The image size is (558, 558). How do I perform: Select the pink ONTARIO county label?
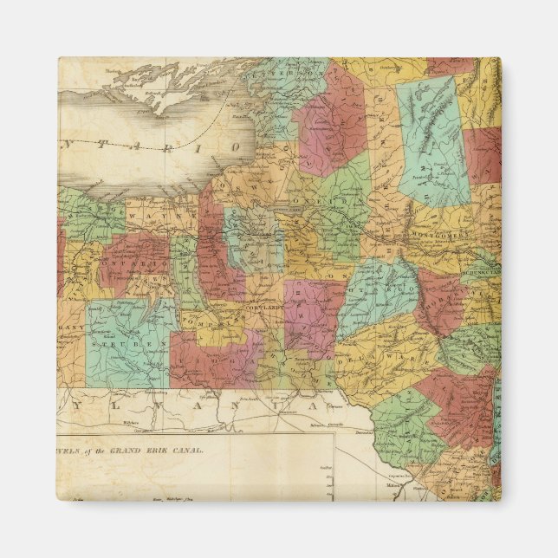pos(130,263)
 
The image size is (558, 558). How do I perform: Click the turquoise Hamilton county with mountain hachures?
pos(432,139)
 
